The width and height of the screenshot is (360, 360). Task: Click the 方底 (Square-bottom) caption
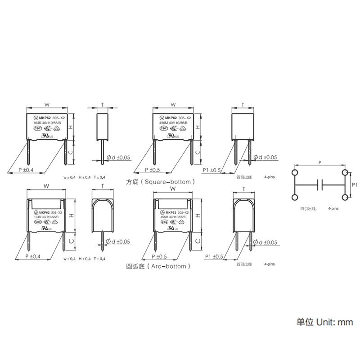[x=160, y=182]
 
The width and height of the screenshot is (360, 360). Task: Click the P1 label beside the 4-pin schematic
[x=354, y=184]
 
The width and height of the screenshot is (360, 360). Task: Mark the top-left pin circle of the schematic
[x=295, y=173]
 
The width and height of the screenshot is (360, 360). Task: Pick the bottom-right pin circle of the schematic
[x=345, y=197]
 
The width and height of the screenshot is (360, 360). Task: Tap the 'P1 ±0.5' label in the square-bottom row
[x=212, y=170]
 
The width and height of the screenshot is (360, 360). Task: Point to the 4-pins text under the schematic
[x=333, y=209]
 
